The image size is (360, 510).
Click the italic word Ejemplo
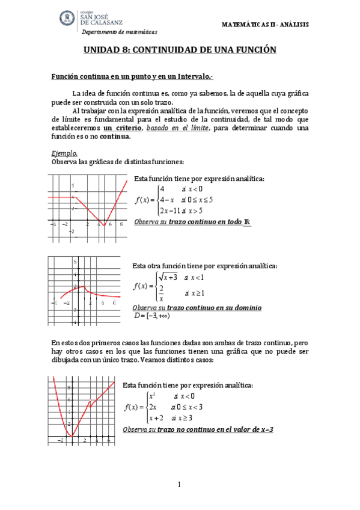point(64,153)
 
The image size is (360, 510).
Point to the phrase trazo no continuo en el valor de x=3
point(216,429)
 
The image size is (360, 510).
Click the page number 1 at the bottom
point(180,484)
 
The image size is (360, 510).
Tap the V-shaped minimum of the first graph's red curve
point(104,225)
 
